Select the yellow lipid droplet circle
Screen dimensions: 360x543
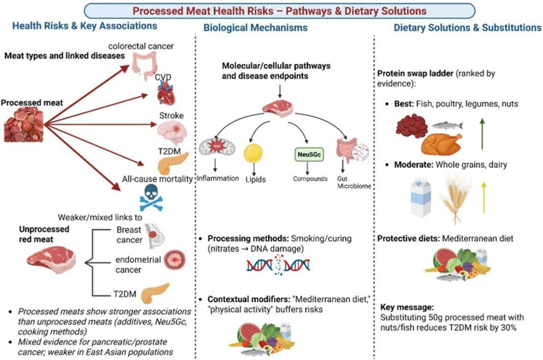253,154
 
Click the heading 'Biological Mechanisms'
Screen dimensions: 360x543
255,28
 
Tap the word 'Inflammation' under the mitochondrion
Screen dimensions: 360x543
218,178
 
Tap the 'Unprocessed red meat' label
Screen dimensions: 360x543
44,234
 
